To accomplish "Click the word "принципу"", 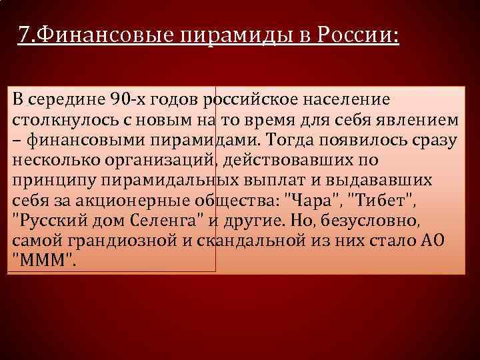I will point(45,181).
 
